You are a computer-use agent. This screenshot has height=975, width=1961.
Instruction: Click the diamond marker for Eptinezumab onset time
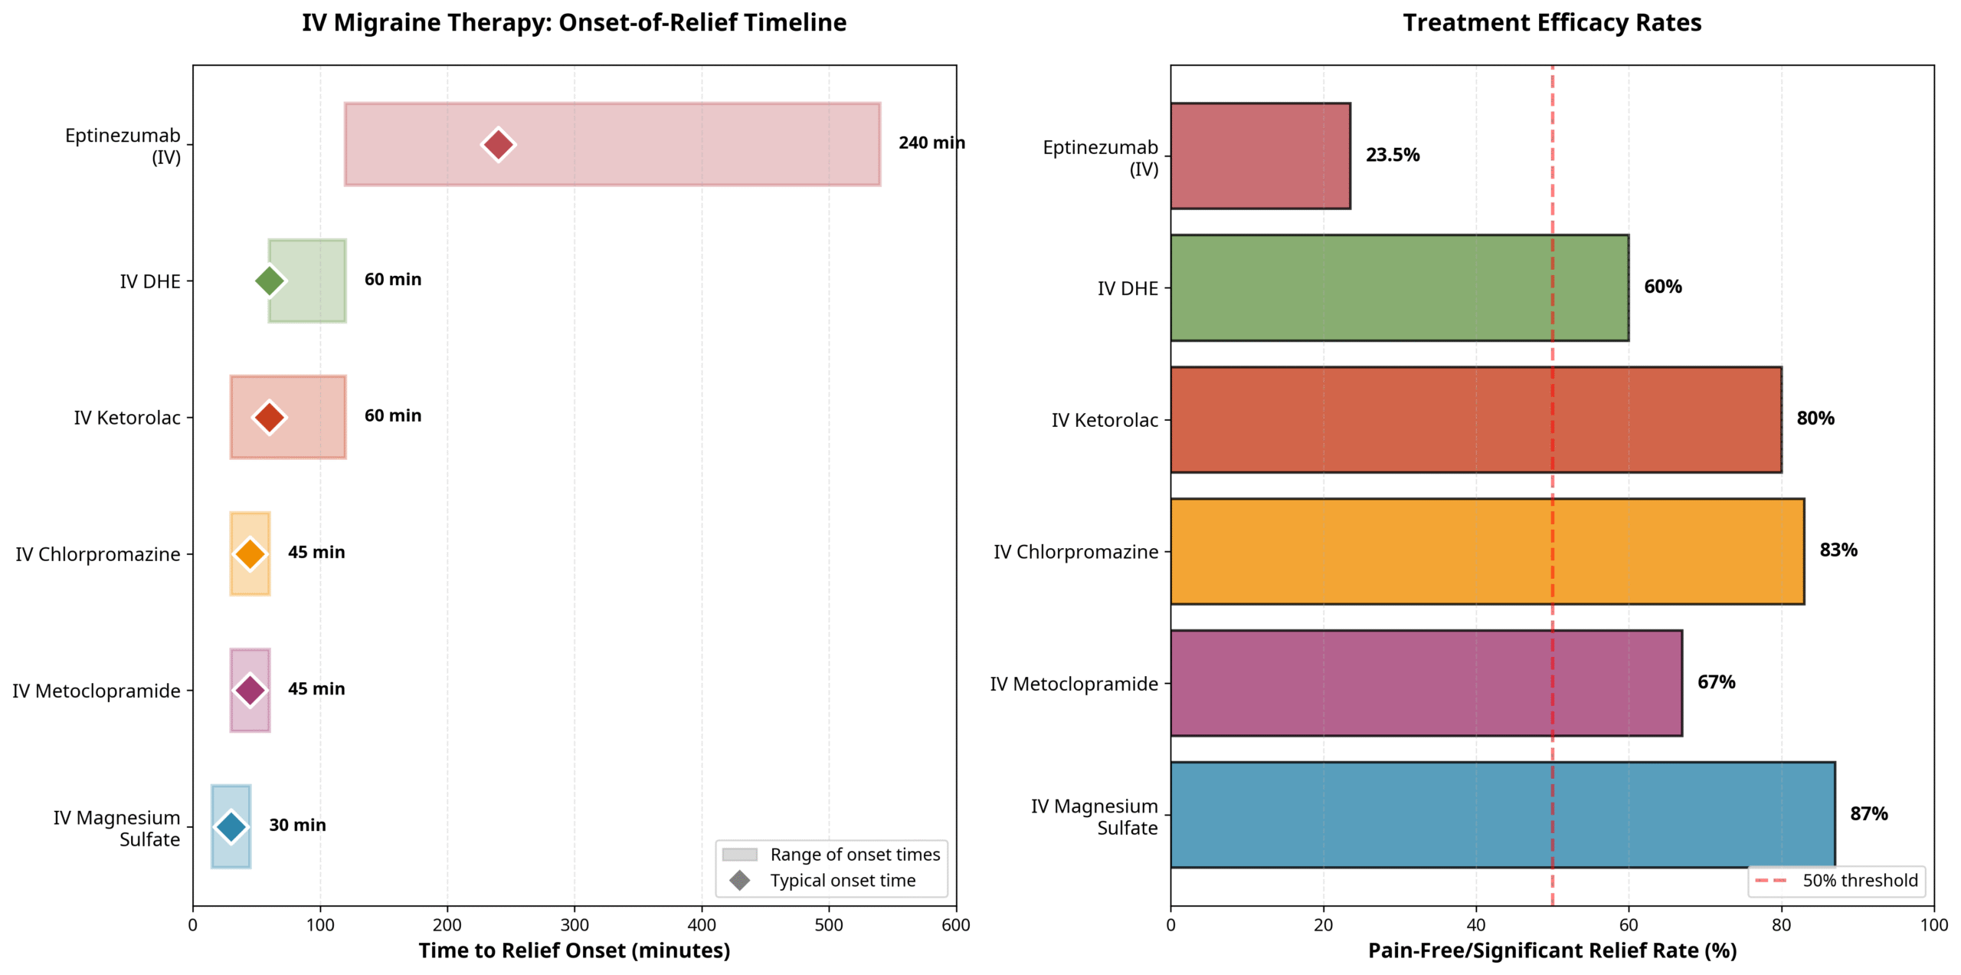498,144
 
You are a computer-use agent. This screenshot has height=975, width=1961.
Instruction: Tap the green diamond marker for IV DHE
269,281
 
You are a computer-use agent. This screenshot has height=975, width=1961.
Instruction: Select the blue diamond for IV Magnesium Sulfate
231,826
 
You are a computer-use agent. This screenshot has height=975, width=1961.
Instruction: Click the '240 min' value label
930,143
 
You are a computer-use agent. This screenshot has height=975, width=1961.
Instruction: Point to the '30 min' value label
297,826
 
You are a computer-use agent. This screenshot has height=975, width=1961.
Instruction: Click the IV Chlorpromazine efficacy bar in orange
1486,551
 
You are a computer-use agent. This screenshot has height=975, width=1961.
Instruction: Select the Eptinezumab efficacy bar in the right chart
1259,156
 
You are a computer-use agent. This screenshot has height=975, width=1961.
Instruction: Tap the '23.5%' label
1392,155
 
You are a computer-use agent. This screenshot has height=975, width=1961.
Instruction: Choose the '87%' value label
1868,814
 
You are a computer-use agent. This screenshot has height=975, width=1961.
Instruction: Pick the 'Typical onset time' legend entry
842,881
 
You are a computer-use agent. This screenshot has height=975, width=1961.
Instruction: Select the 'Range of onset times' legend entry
854,855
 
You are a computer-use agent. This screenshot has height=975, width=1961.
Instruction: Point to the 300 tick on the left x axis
575,925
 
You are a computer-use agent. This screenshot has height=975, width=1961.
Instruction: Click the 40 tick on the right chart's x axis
1475,925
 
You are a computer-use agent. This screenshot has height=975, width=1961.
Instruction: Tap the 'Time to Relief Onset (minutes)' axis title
574,950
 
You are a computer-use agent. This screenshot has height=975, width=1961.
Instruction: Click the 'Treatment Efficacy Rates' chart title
1551,23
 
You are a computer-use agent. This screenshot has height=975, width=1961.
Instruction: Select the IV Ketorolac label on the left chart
127,418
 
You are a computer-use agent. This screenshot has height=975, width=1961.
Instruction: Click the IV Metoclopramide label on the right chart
1073,684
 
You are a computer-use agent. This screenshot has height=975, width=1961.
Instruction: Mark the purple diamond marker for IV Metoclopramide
250,690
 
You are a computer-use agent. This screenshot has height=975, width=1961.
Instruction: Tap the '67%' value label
1715,682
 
